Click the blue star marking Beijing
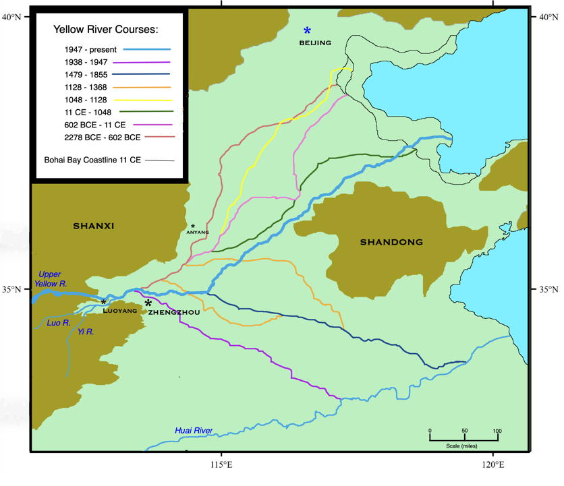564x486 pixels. (308, 30)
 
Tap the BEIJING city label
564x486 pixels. (315, 43)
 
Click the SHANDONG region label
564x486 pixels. (391, 242)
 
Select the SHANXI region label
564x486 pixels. (94, 226)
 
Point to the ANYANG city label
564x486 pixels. (194, 233)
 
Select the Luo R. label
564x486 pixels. (47, 324)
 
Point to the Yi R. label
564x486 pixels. (86, 332)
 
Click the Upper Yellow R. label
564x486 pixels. (49, 279)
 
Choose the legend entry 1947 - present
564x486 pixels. (91, 50)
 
